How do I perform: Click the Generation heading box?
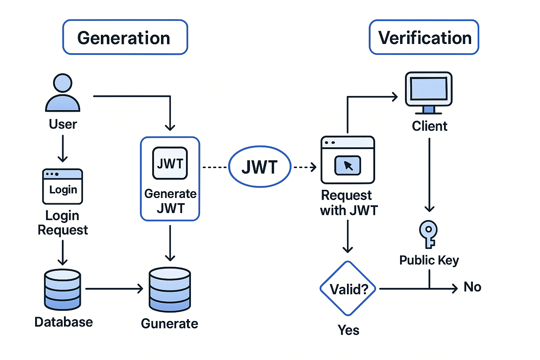tap(125, 37)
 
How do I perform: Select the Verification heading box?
tap(424, 37)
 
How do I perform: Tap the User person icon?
tap(63, 92)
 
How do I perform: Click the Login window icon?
tap(63, 186)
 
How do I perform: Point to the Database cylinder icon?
tap(63, 289)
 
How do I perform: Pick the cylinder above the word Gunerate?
tap(170, 289)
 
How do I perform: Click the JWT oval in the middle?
tap(260, 167)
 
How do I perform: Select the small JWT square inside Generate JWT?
tap(170, 163)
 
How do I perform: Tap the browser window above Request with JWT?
tap(348, 160)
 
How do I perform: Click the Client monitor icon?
tap(429, 93)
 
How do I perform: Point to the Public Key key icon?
tap(429, 234)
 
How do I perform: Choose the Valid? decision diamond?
tap(348, 288)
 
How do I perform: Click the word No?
tap(472, 287)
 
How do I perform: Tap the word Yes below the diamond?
tap(348, 330)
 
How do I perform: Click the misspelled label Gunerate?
tap(169, 323)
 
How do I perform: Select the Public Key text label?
tap(429, 261)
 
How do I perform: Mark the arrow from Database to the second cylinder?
tap(114, 288)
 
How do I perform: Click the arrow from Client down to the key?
tap(429, 175)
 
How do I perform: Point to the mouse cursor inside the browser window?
tap(348, 166)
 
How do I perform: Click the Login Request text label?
tap(63, 223)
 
